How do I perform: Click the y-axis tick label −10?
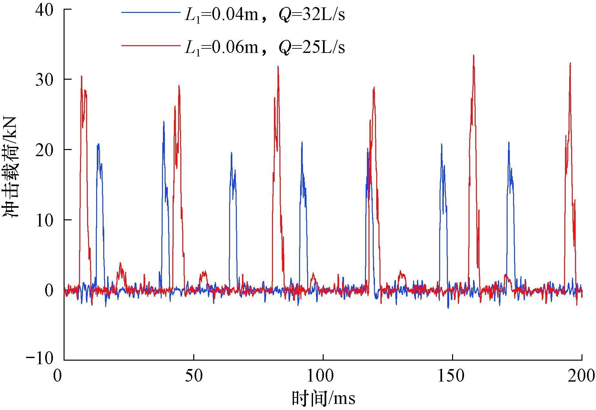pyautogui.click(x=40, y=359)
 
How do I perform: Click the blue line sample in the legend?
pyautogui.click(x=151, y=12)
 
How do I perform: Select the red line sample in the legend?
pyautogui.click(x=151, y=45)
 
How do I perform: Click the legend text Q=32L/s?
pyautogui.click(x=311, y=15)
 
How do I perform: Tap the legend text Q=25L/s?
pyautogui.click(x=311, y=47)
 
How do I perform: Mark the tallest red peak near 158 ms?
pyautogui.click(x=473, y=55)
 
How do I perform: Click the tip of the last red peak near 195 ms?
pyautogui.click(x=570, y=63)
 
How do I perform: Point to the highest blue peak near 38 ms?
pyautogui.click(x=164, y=121)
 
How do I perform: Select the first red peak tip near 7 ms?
pyautogui.click(x=82, y=76)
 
